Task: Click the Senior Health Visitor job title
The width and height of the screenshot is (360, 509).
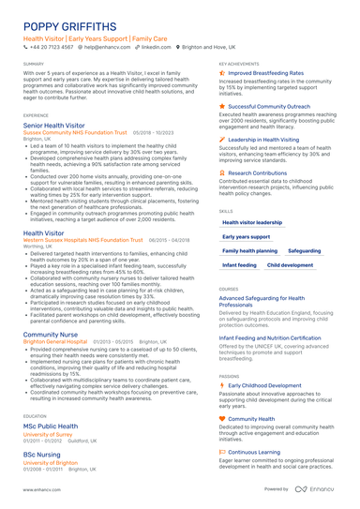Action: point(53,125)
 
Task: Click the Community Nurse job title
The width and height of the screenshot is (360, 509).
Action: point(51,334)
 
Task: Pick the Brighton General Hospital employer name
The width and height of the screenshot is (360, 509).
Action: point(56,342)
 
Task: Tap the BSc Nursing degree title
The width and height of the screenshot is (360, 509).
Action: point(42,454)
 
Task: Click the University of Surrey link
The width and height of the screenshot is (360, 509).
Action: point(49,435)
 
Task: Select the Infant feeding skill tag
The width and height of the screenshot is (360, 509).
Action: point(239,265)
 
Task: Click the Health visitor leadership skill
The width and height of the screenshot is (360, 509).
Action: point(252,222)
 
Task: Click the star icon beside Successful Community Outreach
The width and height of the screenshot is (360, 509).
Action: point(221,106)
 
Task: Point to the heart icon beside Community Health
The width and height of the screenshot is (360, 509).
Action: point(221,419)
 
